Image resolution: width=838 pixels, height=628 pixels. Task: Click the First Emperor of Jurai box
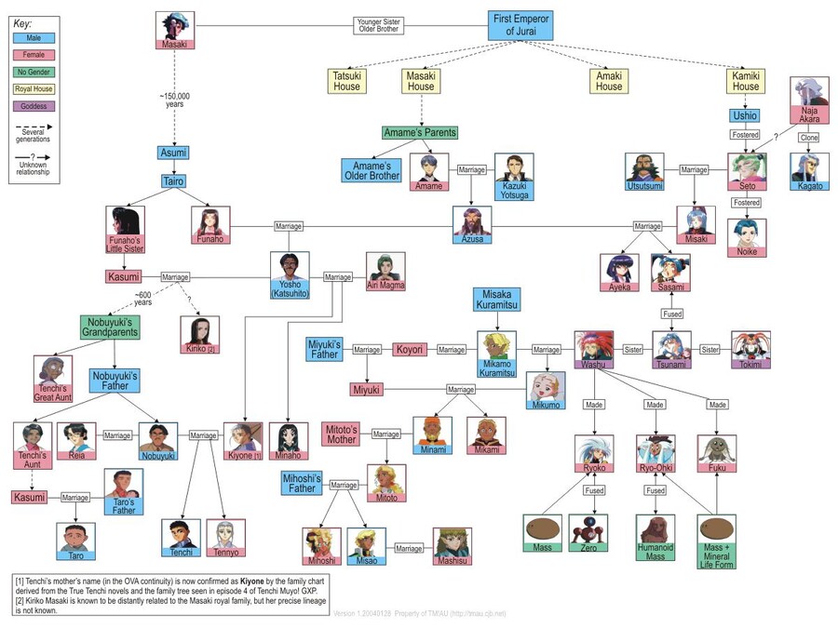pyautogui.click(x=521, y=25)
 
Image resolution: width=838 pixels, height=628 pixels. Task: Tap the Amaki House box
pyautogui.click(x=609, y=81)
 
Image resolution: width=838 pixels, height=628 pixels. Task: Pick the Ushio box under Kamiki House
pyautogui.click(x=745, y=116)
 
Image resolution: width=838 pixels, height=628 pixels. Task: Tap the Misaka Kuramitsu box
pyautogui.click(x=496, y=300)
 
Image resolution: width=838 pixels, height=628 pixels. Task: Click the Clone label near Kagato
pyautogui.click(x=809, y=138)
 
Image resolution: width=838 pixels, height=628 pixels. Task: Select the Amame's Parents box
pyautogui.click(x=421, y=133)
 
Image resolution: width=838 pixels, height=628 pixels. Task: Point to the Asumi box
pyautogui.click(x=173, y=153)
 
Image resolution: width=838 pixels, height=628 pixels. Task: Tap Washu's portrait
pyautogui.click(x=593, y=348)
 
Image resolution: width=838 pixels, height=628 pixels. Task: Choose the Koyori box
pyautogui.click(x=410, y=350)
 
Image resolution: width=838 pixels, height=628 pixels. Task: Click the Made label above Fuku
pyautogui.click(x=717, y=405)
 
